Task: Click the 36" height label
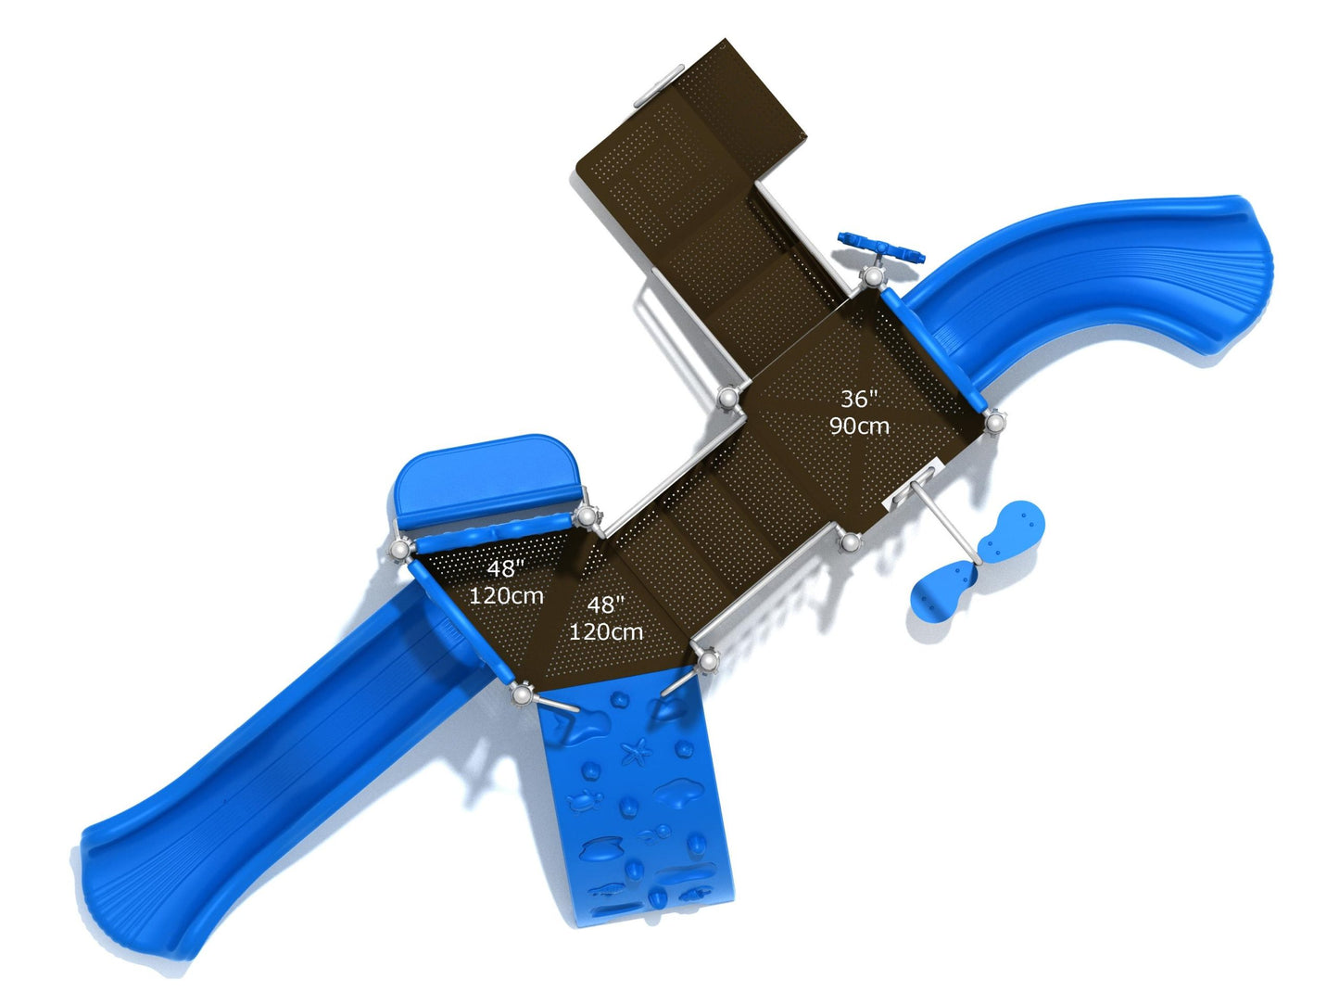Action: pos(858,399)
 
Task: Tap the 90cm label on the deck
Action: pos(859,426)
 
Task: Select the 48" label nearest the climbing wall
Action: pos(605,604)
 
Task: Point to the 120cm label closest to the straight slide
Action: pos(506,595)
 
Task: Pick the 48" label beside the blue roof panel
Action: pos(506,568)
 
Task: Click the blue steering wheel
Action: pos(881,248)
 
